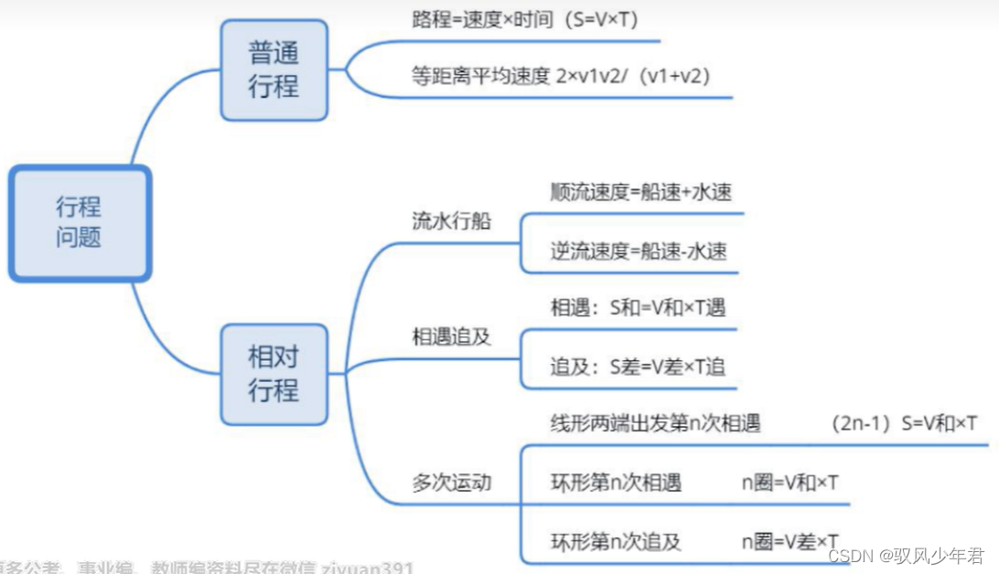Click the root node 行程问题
[80, 222]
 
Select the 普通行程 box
[274, 69]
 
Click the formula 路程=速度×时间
[482, 19]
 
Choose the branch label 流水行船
[451, 222]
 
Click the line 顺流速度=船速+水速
[640, 192]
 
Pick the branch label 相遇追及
[451, 336]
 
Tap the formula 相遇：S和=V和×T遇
[638, 308]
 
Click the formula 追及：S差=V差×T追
[638, 367]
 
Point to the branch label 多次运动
[451, 483]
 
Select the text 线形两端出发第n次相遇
[655, 424]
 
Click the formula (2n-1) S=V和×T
[904, 424]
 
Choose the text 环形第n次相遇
[616, 483]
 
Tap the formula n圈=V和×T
[790, 483]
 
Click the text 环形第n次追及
[616, 541]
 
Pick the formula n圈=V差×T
[790, 541]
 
